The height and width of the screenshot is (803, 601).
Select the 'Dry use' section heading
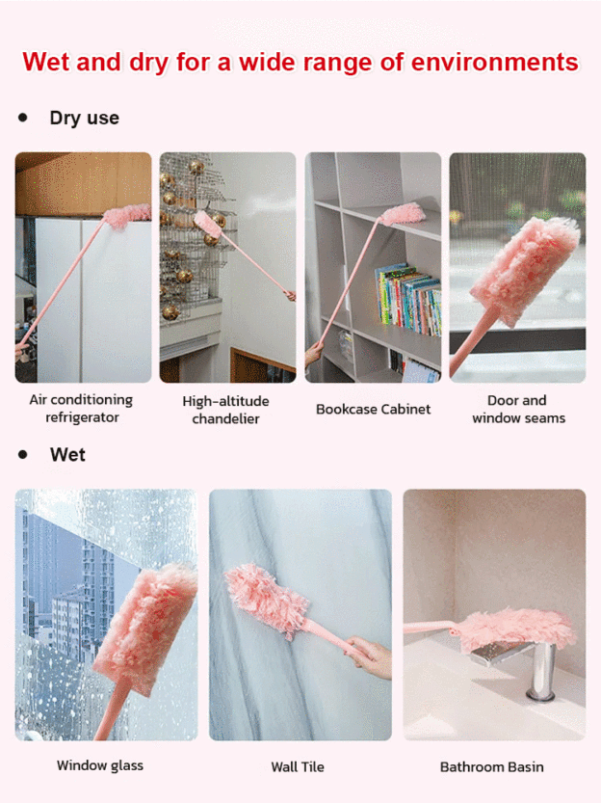point(85,118)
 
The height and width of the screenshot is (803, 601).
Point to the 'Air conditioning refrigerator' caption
point(81,409)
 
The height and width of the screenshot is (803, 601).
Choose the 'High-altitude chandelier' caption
point(225,410)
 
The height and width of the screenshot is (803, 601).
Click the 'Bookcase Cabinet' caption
point(373,409)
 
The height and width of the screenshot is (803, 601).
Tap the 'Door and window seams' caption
point(518,409)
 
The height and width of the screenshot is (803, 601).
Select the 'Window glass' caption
point(100,765)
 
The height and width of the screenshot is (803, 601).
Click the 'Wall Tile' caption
point(298,767)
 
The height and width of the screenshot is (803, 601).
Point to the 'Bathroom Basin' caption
point(491,767)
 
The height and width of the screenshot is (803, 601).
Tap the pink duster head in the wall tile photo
point(266,599)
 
